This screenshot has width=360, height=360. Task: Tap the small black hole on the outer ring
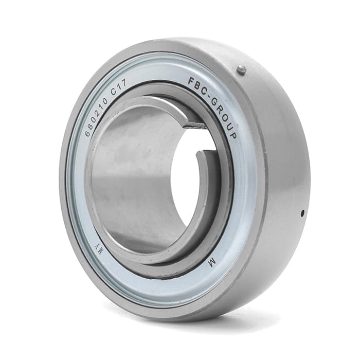[x=302, y=212]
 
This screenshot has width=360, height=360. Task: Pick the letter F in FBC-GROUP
[x=191, y=81]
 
